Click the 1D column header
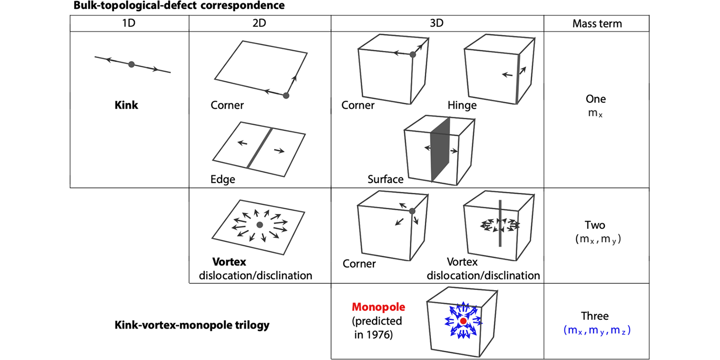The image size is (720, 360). click(x=130, y=24)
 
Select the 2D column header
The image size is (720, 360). click(x=260, y=24)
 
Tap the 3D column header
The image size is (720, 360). click(x=437, y=24)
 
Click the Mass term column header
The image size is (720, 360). click(x=597, y=24)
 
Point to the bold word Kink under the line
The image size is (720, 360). click(x=127, y=106)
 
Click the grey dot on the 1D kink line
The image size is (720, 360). click(x=132, y=64)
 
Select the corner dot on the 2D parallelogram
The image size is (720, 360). click(x=286, y=96)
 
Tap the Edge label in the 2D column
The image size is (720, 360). click(x=223, y=179)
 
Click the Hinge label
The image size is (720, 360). click(x=462, y=106)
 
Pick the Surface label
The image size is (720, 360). click(x=385, y=179)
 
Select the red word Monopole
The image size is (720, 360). click(x=379, y=308)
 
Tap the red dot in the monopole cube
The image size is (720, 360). click(x=463, y=321)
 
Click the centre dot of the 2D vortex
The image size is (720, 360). click(x=260, y=225)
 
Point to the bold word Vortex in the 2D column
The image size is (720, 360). click(x=229, y=262)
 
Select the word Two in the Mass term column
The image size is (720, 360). click(x=595, y=225)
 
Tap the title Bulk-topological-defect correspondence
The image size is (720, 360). click(x=179, y=7)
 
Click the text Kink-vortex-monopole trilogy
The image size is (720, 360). click(x=191, y=326)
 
